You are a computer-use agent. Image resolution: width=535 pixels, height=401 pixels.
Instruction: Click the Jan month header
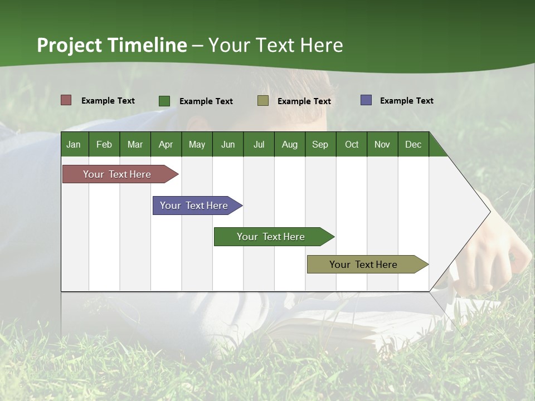(74, 144)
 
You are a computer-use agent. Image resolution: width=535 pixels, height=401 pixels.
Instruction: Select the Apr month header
(166, 144)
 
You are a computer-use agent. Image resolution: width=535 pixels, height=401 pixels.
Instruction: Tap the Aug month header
(290, 144)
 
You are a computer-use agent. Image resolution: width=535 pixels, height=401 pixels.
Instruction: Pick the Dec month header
(414, 144)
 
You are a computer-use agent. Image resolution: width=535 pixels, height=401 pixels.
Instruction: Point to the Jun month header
(228, 144)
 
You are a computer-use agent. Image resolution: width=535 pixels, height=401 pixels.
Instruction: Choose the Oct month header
(352, 144)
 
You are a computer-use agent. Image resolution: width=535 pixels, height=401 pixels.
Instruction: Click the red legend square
(66, 100)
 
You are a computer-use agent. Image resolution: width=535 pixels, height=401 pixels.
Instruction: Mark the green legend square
(164, 101)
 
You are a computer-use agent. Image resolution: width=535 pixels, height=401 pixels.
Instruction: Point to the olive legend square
(263, 100)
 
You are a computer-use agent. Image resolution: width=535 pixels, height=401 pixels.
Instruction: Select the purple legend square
(366, 100)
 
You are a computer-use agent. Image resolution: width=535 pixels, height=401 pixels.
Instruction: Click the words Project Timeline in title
(111, 45)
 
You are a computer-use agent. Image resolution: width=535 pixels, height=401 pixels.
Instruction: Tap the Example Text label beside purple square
(406, 101)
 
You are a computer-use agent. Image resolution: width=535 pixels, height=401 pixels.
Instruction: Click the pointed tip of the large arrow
(489, 212)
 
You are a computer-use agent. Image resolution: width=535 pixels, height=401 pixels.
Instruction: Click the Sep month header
(320, 144)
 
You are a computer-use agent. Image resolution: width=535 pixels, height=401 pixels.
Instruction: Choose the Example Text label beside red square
(108, 101)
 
